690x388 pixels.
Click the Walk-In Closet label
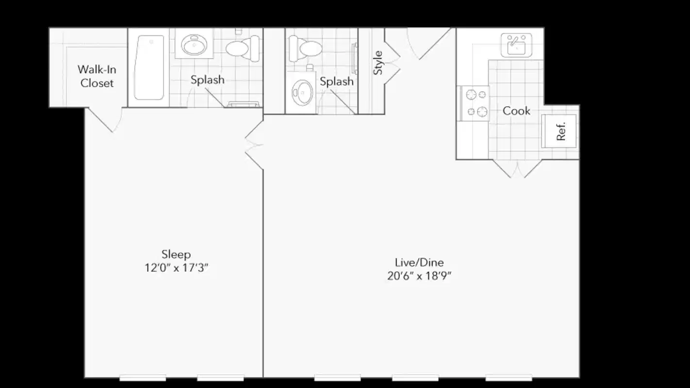[97, 76]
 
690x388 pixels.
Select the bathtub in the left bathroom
[148, 67]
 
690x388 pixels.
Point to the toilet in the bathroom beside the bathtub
[243, 48]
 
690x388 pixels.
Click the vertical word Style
[378, 63]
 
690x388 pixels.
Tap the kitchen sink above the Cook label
[516, 46]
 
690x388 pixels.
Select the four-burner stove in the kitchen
[476, 103]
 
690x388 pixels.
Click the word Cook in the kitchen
[516, 111]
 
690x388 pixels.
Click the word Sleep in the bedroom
[176, 254]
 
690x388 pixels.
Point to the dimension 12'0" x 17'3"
[176, 268]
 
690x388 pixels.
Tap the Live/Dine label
[419, 262]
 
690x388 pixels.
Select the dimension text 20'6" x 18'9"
[419, 276]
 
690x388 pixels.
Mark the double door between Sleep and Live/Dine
[254, 144]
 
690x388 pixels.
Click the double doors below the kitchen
[517, 169]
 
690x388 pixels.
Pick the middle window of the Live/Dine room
[415, 377]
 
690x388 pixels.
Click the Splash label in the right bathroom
[336, 81]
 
